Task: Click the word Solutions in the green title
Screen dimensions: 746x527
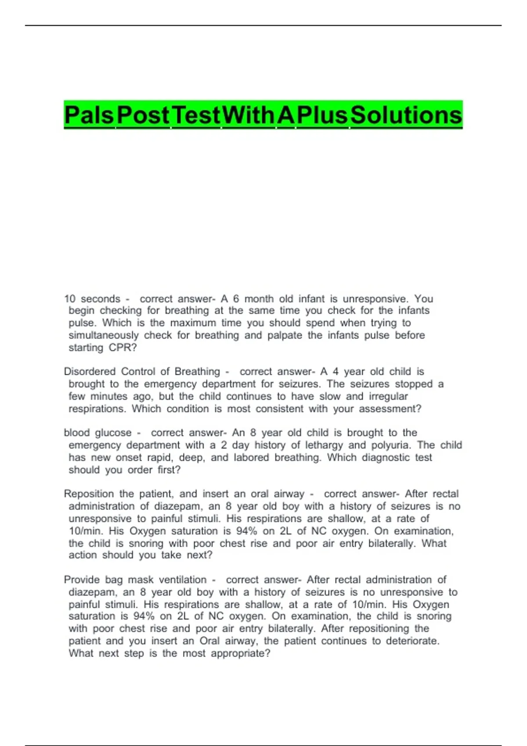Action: [406, 115]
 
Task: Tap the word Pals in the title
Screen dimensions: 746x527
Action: [89, 115]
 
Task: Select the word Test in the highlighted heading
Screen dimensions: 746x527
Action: [196, 115]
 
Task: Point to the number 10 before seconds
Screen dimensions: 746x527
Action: [70, 299]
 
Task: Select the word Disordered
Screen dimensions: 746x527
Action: [90, 372]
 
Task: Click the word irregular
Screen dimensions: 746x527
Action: [388, 396]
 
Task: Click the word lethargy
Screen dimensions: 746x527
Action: [324, 445]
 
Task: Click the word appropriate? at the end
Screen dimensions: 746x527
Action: [241, 653]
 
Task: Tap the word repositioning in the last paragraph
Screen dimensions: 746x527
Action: [379, 628]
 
